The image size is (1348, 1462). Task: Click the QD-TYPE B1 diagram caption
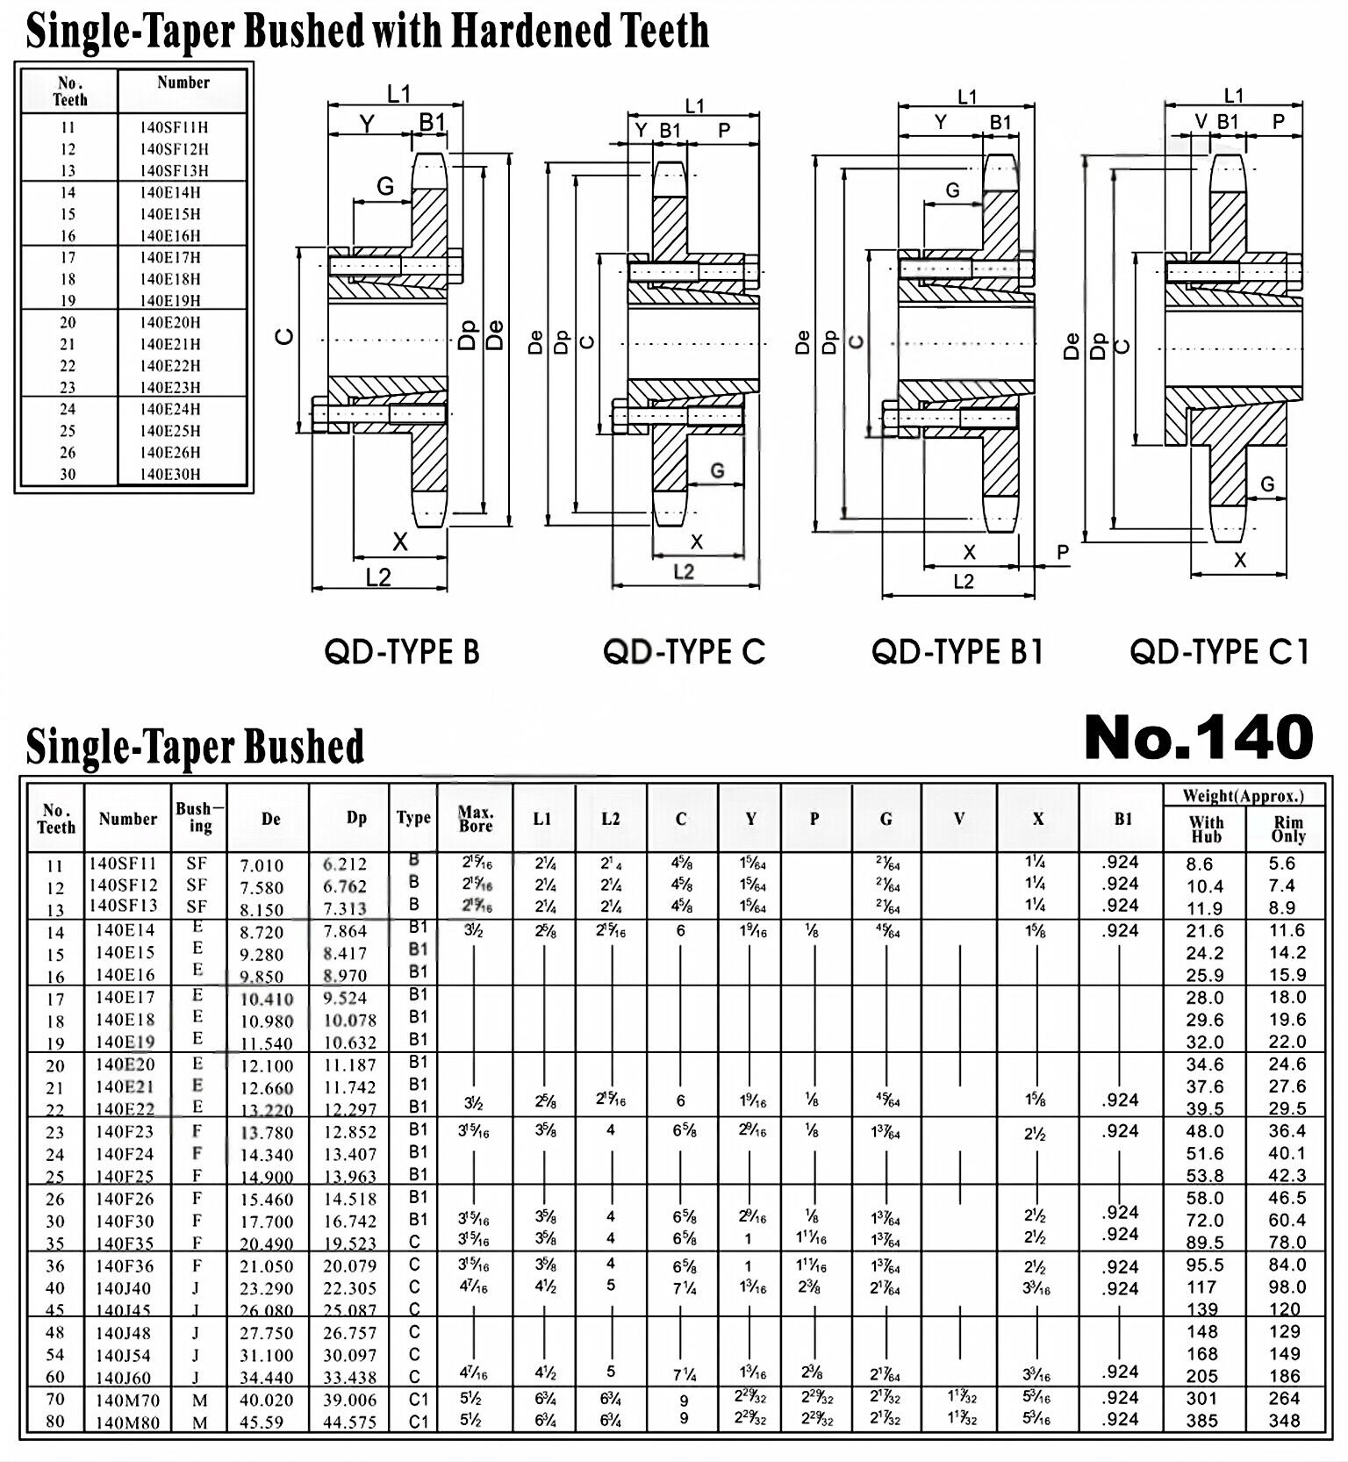pyautogui.click(x=957, y=652)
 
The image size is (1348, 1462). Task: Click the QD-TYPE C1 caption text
pyautogui.click(x=1219, y=652)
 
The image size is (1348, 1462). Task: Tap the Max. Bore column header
pyautogui.click(x=476, y=819)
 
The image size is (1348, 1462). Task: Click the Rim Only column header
pyautogui.click(x=1287, y=828)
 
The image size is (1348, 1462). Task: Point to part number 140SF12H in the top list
pyautogui.click(x=174, y=149)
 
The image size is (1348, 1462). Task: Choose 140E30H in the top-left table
pyautogui.click(x=170, y=474)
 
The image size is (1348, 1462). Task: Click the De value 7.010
pyautogui.click(x=262, y=865)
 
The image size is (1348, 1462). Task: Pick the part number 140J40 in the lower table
pyautogui.click(x=123, y=1288)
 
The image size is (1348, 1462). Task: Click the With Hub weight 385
pyautogui.click(x=1201, y=1421)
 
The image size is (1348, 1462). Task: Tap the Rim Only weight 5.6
pyautogui.click(x=1281, y=864)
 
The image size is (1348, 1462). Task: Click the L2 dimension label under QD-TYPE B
pyautogui.click(x=378, y=577)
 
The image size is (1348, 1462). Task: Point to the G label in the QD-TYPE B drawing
pyautogui.click(x=385, y=186)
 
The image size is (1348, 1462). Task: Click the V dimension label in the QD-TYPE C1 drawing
pyautogui.click(x=1201, y=122)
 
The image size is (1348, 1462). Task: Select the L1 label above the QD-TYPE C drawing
pyautogui.click(x=694, y=106)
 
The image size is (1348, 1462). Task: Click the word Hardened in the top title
pyautogui.click(x=532, y=31)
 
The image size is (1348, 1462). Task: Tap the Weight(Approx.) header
pyautogui.click(x=1242, y=796)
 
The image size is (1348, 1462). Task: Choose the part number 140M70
pyautogui.click(x=124, y=1400)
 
